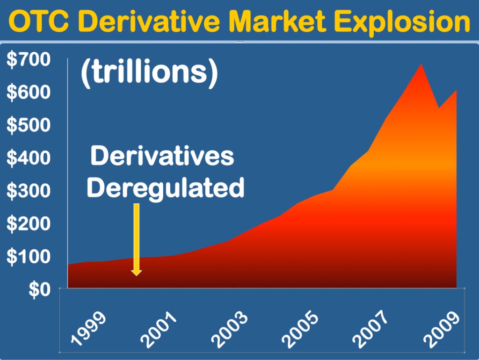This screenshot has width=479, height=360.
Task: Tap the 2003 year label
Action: pyautogui.click(x=229, y=329)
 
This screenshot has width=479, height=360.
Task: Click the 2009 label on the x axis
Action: pyautogui.click(x=442, y=329)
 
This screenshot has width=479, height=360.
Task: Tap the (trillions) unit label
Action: pyautogui.click(x=149, y=74)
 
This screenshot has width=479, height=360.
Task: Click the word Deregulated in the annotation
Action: pyautogui.click(x=166, y=188)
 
